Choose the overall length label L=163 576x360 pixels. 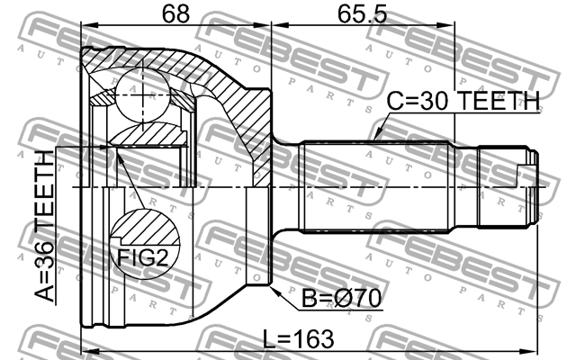(x=299, y=339)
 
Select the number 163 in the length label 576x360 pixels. (x=313, y=339)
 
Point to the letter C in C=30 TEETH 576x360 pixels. (x=395, y=102)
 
